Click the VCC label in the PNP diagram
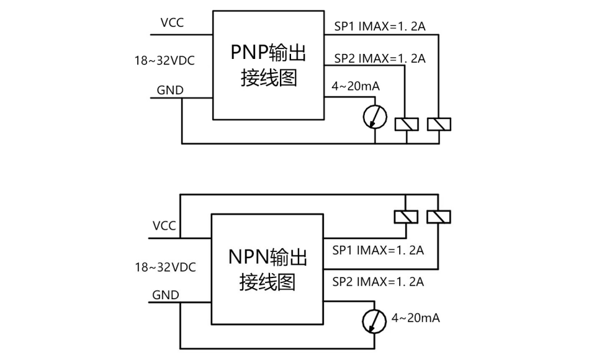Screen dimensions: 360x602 (x=173, y=24)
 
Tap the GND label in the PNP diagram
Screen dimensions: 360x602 (x=169, y=90)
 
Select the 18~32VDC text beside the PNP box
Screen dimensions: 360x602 (x=165, y=61)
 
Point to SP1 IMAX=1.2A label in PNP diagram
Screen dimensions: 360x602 (x=379, y=26)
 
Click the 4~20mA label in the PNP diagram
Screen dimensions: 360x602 (x=356, y=87)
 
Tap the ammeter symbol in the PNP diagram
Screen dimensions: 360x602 (x=375, y=115)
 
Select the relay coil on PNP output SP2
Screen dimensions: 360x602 (x=407, y=124)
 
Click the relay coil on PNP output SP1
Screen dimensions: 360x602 (x=439, y=124)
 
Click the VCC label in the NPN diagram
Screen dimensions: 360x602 (x=164, y=225)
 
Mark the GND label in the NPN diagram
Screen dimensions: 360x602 (x=165, y=295)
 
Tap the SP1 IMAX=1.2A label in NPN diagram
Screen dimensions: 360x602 (x=377, y=251)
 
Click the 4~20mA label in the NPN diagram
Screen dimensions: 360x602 (x=416, y=318)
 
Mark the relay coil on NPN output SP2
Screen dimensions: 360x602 (x=439, y=217)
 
